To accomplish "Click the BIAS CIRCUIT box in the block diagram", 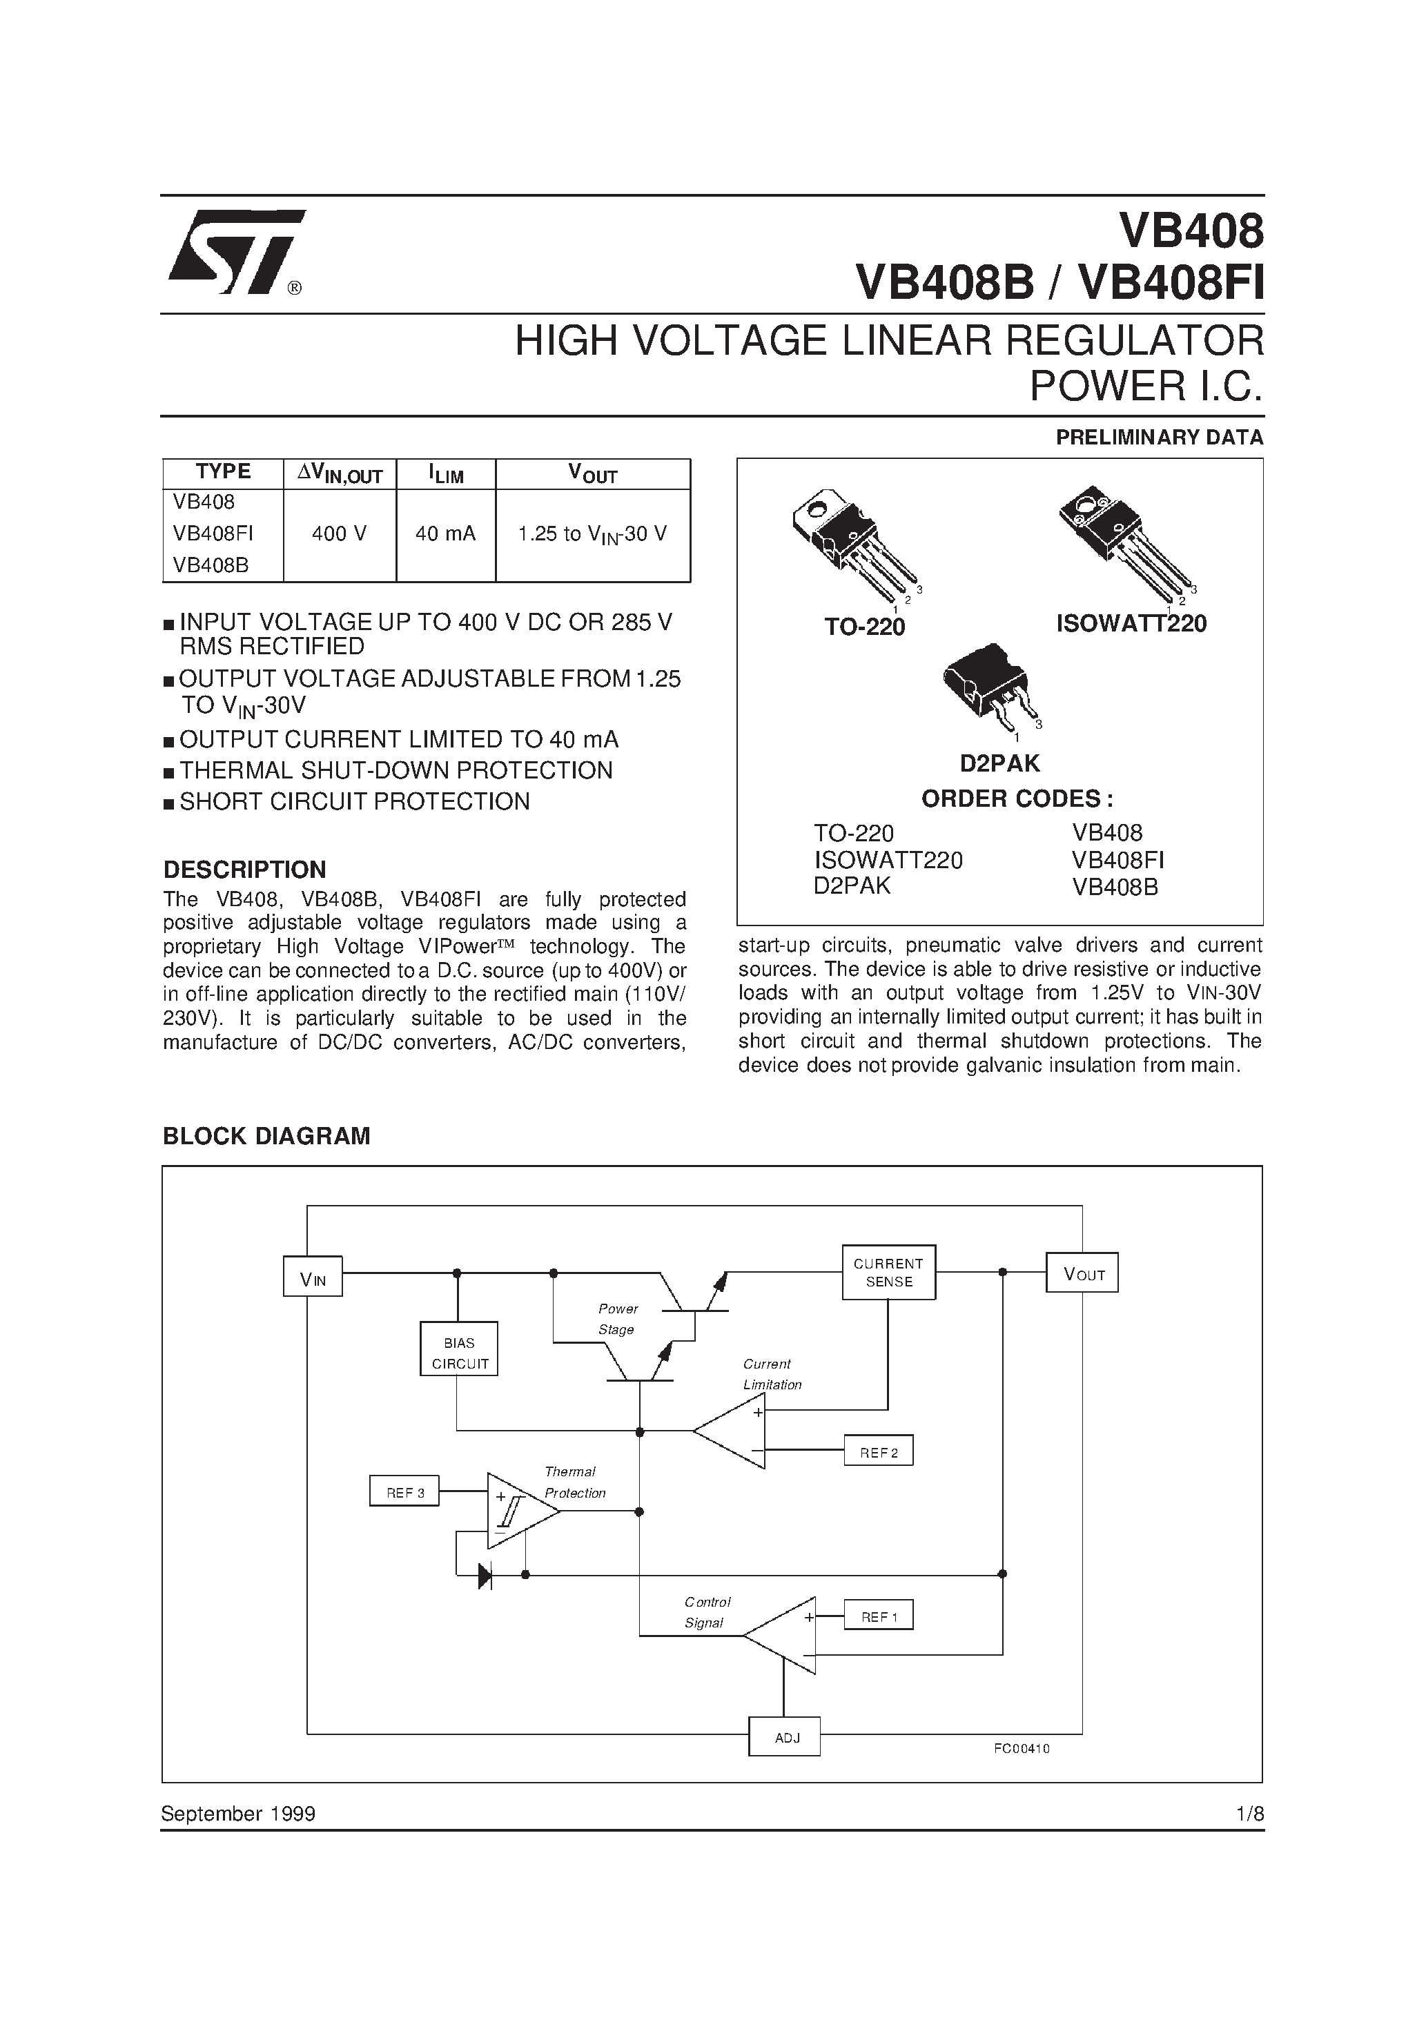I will click(x=459, y=1349).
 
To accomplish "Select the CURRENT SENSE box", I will click(x=888, y=1272).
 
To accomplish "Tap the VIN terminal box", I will click(x=312, y=1276).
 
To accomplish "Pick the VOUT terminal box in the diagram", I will click(x=1082, y=1273).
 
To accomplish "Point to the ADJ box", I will click(x=784, y=1736).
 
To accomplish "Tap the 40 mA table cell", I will click(x=445, y=533).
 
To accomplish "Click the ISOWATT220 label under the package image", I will click(x=1131, y=624).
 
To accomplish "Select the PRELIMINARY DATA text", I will click(x=1159, y=437).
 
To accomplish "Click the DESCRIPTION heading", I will click(x=244, y=870).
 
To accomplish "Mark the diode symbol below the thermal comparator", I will click(x=485, y=1575).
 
